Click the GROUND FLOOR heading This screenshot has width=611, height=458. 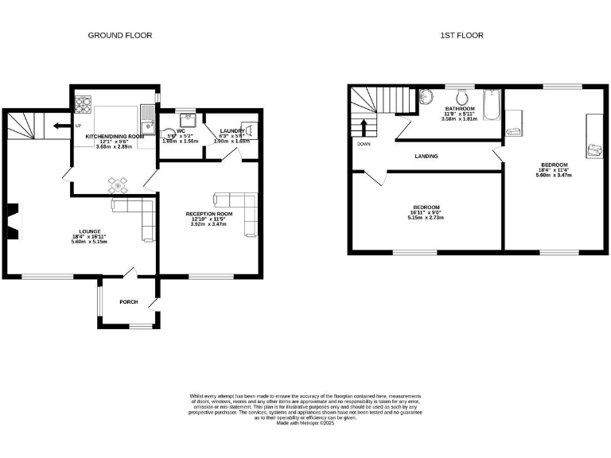coord(119,35)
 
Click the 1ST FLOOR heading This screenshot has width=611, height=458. coord(461,35)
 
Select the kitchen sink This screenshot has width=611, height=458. coord(146,126)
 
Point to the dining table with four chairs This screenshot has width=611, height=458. coord(118,186)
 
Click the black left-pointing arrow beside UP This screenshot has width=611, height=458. coord(60,126)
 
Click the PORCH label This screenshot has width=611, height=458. coord(128,302)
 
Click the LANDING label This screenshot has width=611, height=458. coord(426,156)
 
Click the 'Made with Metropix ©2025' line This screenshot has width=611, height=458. coord(305,424)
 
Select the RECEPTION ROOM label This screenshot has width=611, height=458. coord(209,214)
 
